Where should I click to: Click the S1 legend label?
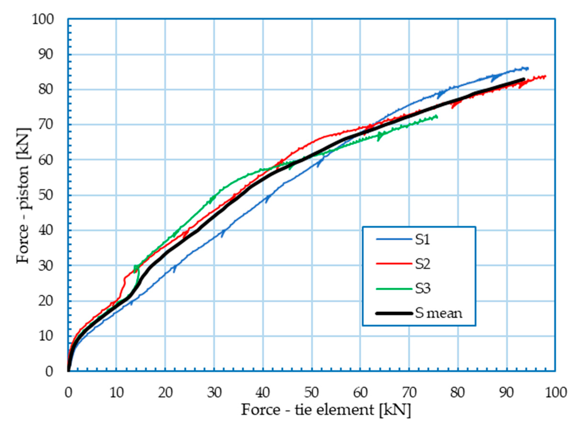422,240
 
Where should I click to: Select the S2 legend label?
423,264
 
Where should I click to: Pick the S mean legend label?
439,313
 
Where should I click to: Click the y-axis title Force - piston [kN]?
23,196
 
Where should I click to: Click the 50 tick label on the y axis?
46,195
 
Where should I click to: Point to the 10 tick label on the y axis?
46,336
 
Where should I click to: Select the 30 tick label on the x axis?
214,393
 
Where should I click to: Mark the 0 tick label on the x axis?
68,393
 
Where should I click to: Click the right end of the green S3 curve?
437,117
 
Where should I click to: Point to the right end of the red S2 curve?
545,76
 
